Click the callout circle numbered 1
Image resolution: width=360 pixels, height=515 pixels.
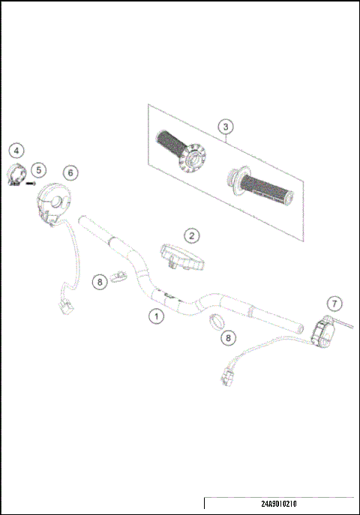156,316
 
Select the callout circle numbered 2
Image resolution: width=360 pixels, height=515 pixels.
193,235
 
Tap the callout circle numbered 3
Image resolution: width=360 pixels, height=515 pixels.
225,127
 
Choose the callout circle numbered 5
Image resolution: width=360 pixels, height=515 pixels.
39,170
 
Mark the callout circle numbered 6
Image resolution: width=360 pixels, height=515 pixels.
70,172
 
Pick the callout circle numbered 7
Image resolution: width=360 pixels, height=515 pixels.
335,304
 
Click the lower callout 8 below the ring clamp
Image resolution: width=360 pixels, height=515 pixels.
229,338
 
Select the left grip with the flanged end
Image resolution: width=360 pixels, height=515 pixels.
177,150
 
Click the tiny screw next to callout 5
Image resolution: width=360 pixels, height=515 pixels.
31,181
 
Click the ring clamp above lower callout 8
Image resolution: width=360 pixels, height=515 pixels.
215,322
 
